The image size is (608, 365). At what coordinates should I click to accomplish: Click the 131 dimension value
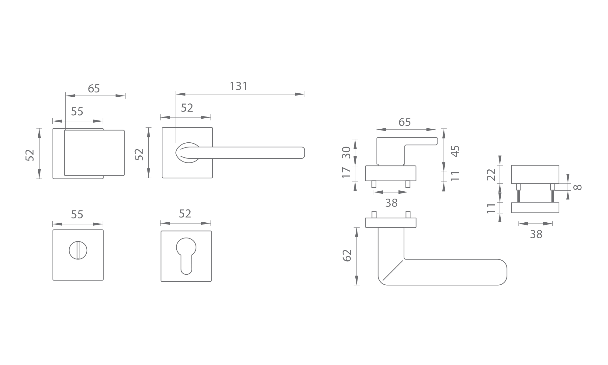[239, 86]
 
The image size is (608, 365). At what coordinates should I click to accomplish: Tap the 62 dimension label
[347, 255]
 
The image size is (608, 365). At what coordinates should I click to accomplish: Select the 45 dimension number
[455, 151]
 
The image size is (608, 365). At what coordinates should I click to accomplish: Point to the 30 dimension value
[346, 152]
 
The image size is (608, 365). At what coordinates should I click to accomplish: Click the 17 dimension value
[346, 172]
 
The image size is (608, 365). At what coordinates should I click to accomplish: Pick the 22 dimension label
[491, 175]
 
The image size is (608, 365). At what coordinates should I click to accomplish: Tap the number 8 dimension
[578, 187]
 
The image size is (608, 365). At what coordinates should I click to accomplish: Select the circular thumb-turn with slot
[78, 250]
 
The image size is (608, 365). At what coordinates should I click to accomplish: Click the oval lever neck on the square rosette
[187, 152]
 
